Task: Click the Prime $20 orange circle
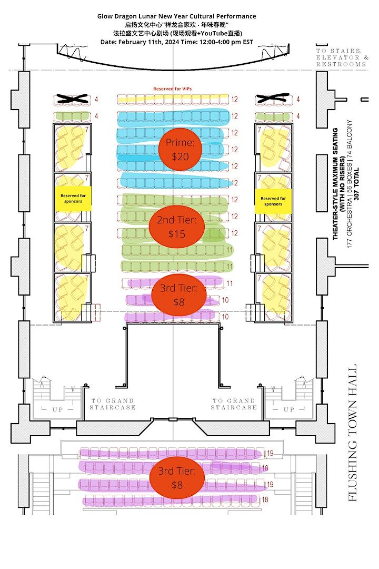tap(180, 149)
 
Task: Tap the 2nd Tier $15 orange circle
tap(177, 227)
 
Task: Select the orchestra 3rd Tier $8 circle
tap(178, 295)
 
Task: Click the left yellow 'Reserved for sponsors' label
tap(73, 199)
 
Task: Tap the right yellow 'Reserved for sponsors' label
tap(273, 201)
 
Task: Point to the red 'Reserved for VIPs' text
tap(172, 89)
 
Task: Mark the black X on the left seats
tap(72, 99)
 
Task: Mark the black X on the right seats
tap(273, 98)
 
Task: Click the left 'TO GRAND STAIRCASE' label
tap(113, 404)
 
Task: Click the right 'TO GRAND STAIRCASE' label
tap(234, 404)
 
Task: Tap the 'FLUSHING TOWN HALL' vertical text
tap(352, 433)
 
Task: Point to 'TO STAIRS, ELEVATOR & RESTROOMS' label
tap(342, 57)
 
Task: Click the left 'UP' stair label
tap(58, 409)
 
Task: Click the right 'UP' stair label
tap(289, 409)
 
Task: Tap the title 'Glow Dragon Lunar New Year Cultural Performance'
tap(177, 16)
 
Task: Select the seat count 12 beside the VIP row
tap(234, 99)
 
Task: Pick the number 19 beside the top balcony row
tap(270, 453)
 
